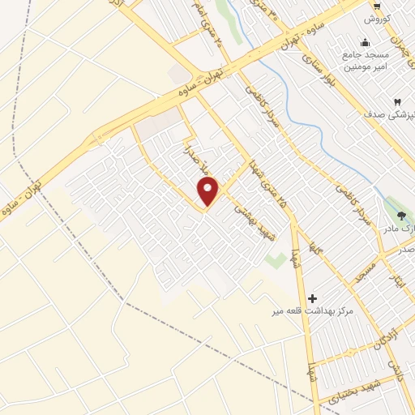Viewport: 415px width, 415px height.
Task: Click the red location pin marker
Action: point(208,192)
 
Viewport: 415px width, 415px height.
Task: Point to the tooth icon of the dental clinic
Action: point(396,101)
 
